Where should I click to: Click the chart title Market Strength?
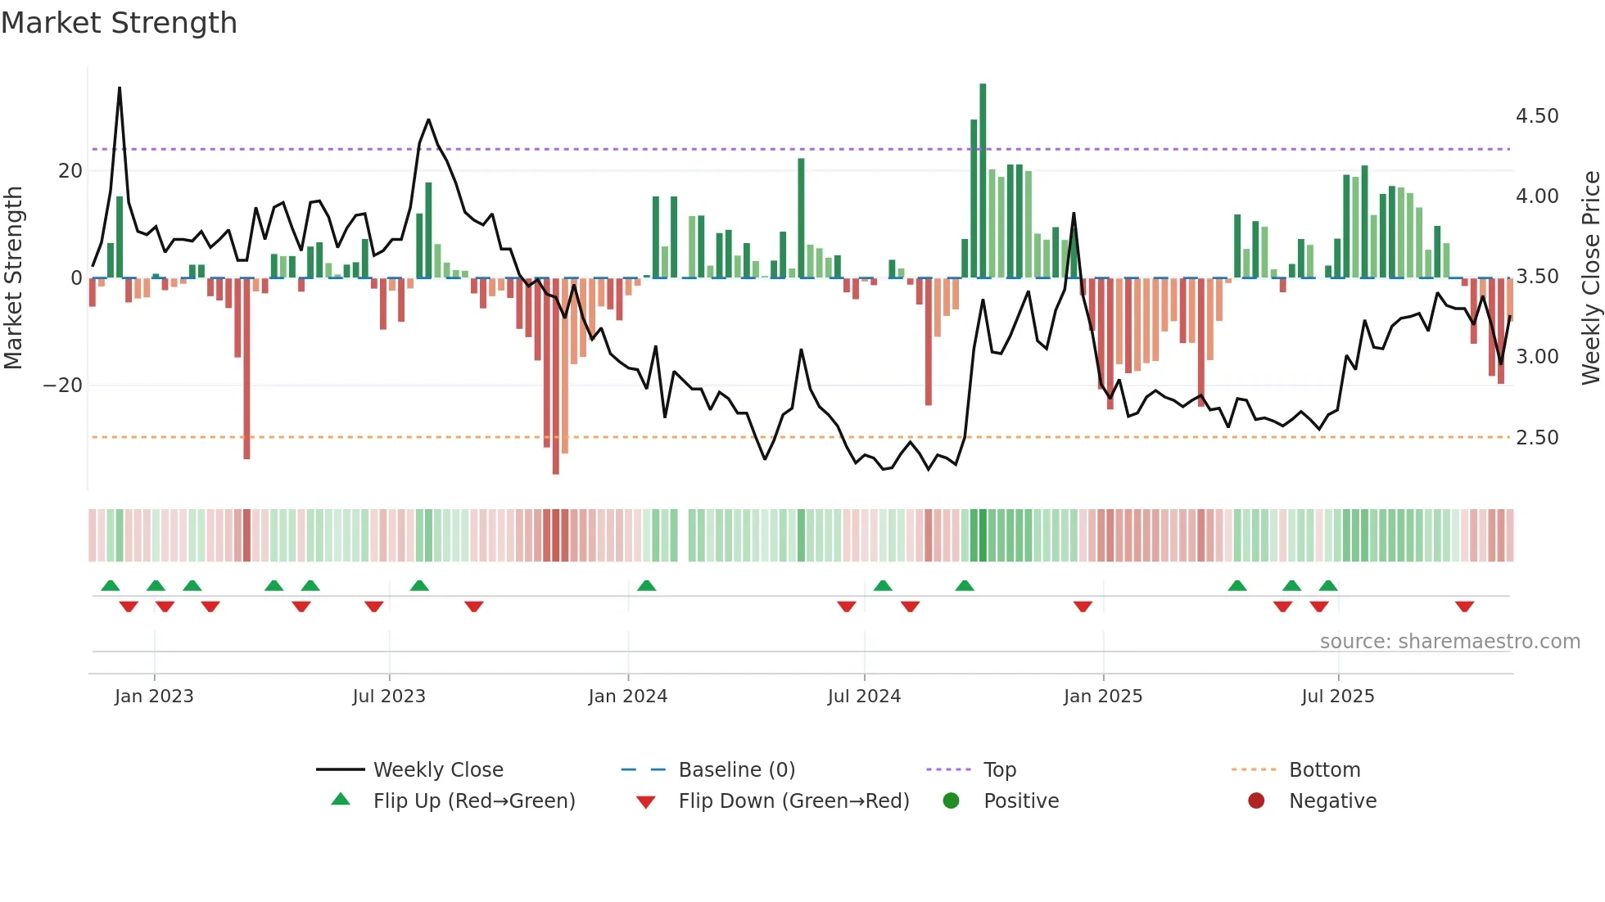click(x=119, y=23)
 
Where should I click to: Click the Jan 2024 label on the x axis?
click(x=627, y=697)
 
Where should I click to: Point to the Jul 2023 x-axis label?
click(x=389, y=697)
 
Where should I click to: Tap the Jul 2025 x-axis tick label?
click(x=1337, y=697)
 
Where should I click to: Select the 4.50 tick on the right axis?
click(x=1536, y=116)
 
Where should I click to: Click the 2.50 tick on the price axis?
click(x=1536, y=438)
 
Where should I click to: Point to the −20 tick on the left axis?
click(x=63, y=386)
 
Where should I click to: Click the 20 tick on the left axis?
click(x=70, y=171)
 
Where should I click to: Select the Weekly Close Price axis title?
click(x=1589, y=277)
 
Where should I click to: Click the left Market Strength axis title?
click(x=14, y=277)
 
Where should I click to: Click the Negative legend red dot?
click(x=1255, y=801)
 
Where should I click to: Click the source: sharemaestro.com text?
click(x=1449, y=642)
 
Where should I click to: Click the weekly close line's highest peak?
click(x=120, y=88)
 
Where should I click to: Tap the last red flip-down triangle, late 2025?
click(x=1464, y=607)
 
